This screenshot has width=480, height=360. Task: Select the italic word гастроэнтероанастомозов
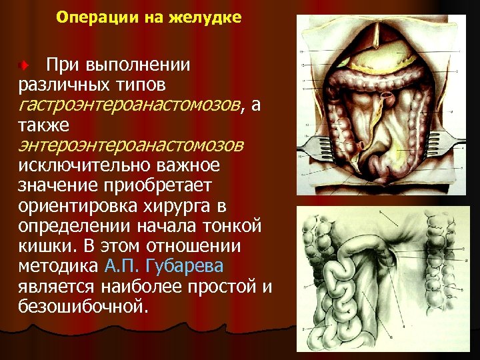[126, 105]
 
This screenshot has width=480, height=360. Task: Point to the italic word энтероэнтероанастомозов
[131, 145]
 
